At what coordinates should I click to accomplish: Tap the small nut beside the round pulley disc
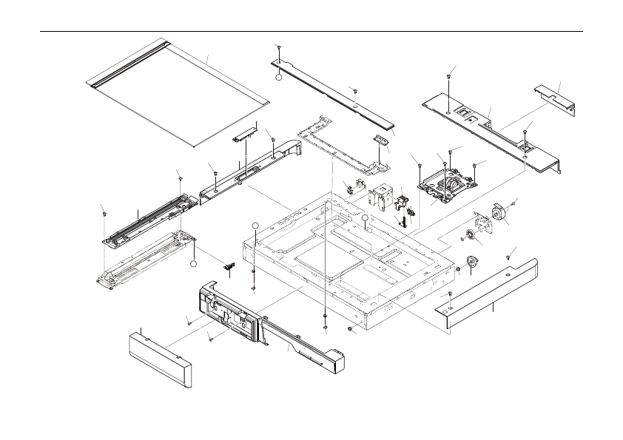(x=459, y=268)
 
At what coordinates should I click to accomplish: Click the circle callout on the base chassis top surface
(x=366, y=218)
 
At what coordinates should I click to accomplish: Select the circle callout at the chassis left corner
(x=254, y=225)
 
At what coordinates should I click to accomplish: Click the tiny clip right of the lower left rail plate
(x=228, y=265)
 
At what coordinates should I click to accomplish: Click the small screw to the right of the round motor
(x=515, y=203)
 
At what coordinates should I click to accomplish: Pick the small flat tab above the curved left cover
(x=244, y=135)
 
